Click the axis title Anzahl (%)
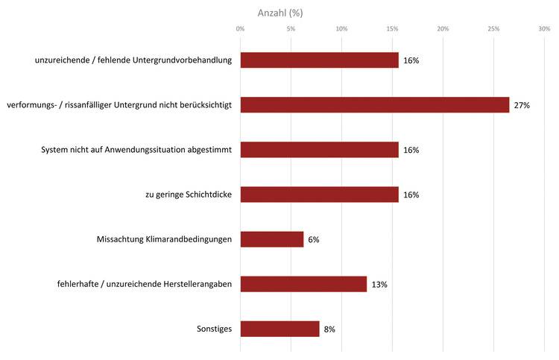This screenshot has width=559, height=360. pos(280,13)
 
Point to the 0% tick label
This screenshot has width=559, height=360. pos(240,29)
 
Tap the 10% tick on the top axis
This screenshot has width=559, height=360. pos(341,29)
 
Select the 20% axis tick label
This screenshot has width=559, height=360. pos(443,29)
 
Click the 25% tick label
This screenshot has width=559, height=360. pos(493,29)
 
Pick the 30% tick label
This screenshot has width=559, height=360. pos(544,29)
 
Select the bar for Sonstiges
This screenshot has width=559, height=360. pos(280,329)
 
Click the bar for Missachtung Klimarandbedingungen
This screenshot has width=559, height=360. pos(272,239)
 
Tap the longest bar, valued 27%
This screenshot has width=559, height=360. pos(375,105)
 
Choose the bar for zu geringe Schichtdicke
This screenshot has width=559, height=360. pos(320,195)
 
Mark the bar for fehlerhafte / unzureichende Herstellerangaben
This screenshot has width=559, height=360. pos(304,284)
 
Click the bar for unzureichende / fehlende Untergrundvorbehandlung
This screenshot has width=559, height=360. pos(320,60)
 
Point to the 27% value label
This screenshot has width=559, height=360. pos(522,106)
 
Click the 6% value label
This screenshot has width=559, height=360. pos(314,240)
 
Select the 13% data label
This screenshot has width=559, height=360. pos(379,285)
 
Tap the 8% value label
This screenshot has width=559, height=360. pos(330,329)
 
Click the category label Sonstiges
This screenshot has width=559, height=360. pos(212,329)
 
